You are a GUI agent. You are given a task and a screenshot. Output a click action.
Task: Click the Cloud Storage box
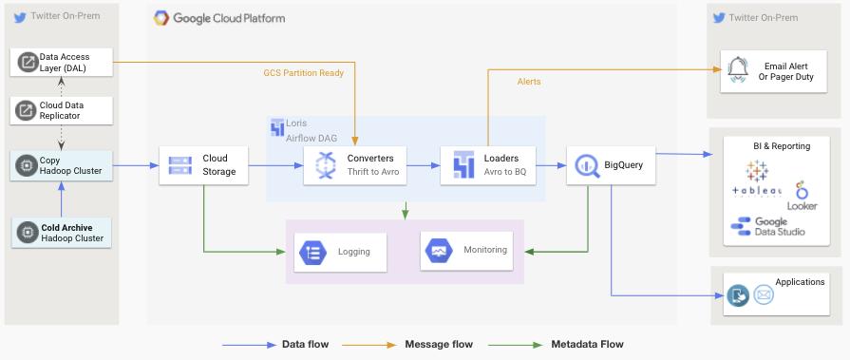(204, 165)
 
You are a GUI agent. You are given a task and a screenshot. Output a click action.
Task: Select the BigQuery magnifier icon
(586, 165)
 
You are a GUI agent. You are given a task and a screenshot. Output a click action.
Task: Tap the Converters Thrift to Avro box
(354, 165)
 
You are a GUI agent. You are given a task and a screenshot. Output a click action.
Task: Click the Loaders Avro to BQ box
(488, 165)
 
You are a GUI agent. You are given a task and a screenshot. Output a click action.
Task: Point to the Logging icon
(312, 252)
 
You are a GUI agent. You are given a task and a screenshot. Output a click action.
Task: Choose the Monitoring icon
(439, 251)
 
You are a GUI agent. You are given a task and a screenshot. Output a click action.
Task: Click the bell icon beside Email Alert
(737, 70)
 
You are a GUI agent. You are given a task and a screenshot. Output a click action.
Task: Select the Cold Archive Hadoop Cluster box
(61, 233)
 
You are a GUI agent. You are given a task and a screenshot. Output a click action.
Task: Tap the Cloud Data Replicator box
(61, 110)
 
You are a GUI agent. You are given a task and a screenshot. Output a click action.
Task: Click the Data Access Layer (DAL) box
(61, 62)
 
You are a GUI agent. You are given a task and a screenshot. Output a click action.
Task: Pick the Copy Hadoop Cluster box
(61, 166)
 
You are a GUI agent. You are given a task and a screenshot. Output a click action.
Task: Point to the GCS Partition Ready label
(304, 72)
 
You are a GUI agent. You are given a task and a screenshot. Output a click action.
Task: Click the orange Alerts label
(529, 82)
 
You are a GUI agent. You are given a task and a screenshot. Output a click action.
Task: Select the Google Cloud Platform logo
(161, 18)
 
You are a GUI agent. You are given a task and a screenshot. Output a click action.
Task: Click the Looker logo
(802, 197)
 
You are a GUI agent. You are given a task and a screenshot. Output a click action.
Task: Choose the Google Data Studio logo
(767, 226)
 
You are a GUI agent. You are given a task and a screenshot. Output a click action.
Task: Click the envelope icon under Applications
(764, 295)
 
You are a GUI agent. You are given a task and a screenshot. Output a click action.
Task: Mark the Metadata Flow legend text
(587, 344)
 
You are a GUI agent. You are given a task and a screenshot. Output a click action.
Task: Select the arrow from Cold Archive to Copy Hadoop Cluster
(61, 199)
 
